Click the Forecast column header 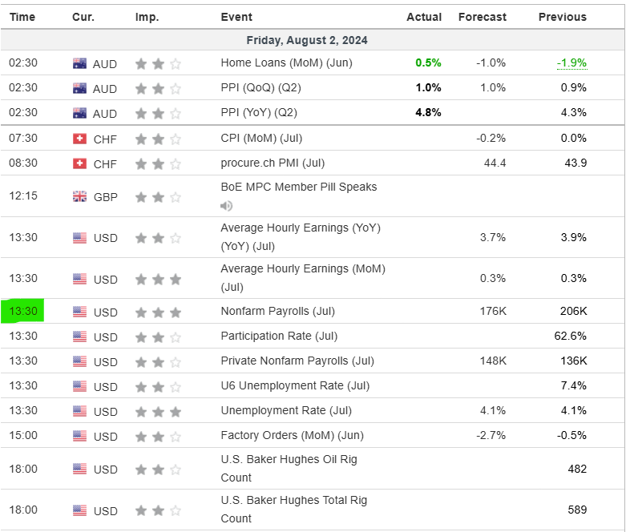(482, 17)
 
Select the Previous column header (562, 17)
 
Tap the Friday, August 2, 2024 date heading (307, 40)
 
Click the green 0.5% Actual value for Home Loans (428, 62)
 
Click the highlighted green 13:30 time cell (22, 311)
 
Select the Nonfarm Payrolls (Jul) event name (277, 311)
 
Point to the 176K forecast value (491, 311)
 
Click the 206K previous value (573, 311)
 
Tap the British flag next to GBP (79, 196)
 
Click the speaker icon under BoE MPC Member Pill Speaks (227, 206)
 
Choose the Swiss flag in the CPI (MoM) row (79, 139)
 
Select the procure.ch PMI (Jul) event (273, 163)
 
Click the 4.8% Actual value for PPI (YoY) (428, 112)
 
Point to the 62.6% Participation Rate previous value (570, 336)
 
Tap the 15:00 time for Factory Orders (22, 436)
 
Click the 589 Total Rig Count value (576, 510)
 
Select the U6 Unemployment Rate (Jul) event (295, 385)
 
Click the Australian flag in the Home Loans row (79, 63)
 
